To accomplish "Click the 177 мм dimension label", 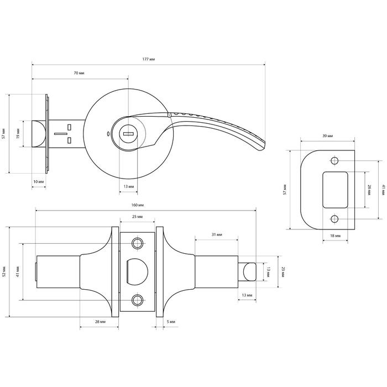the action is point(148,59).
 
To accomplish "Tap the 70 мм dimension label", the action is point(79,73).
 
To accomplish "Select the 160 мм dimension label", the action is point(138,205).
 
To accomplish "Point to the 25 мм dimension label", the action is point(137,217).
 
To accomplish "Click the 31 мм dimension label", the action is point(217,234).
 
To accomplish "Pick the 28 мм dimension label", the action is point(100,322).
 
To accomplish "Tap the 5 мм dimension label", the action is point(171,322).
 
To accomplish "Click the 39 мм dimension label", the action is point(327,136).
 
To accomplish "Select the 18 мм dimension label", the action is point(335,236).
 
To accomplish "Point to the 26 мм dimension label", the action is point(369,190).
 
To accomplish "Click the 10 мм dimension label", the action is point(39,182).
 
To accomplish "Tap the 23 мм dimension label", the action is point(283,272).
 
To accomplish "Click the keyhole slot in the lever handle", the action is point(128,134).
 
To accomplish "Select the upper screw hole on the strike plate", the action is point(334,161).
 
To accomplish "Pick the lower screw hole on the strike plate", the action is point(334,219).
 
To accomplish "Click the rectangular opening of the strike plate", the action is point(335,190).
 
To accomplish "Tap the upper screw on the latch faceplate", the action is point(137,244).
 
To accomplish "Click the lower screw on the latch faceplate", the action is point(137,300).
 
